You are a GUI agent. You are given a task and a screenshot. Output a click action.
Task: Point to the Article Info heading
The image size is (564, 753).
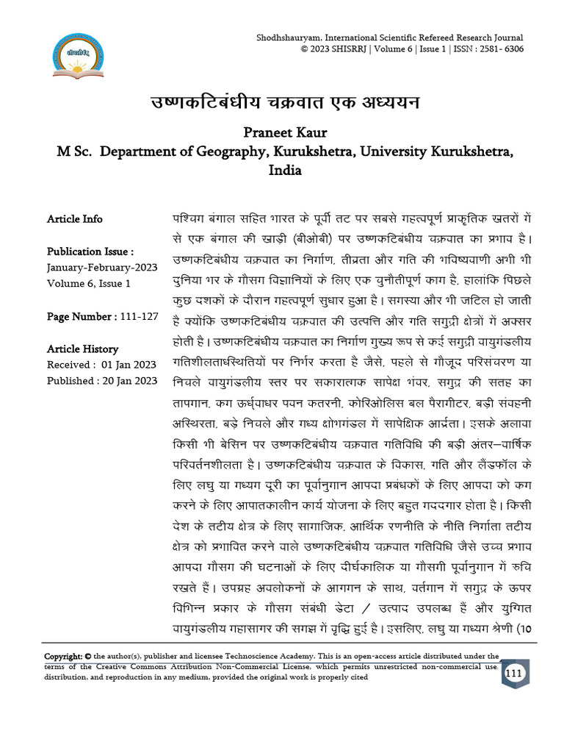(75, 219)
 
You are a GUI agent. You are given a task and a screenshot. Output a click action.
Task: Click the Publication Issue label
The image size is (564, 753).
(90, 251)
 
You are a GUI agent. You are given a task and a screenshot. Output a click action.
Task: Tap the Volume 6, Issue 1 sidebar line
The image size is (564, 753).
(89, 283)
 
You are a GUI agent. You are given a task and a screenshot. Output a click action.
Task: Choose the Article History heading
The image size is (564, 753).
(82, 349)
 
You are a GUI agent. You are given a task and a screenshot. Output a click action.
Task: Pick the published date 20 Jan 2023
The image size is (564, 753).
(130, 381)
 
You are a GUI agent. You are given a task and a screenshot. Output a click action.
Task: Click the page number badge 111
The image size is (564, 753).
(514, 674)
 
